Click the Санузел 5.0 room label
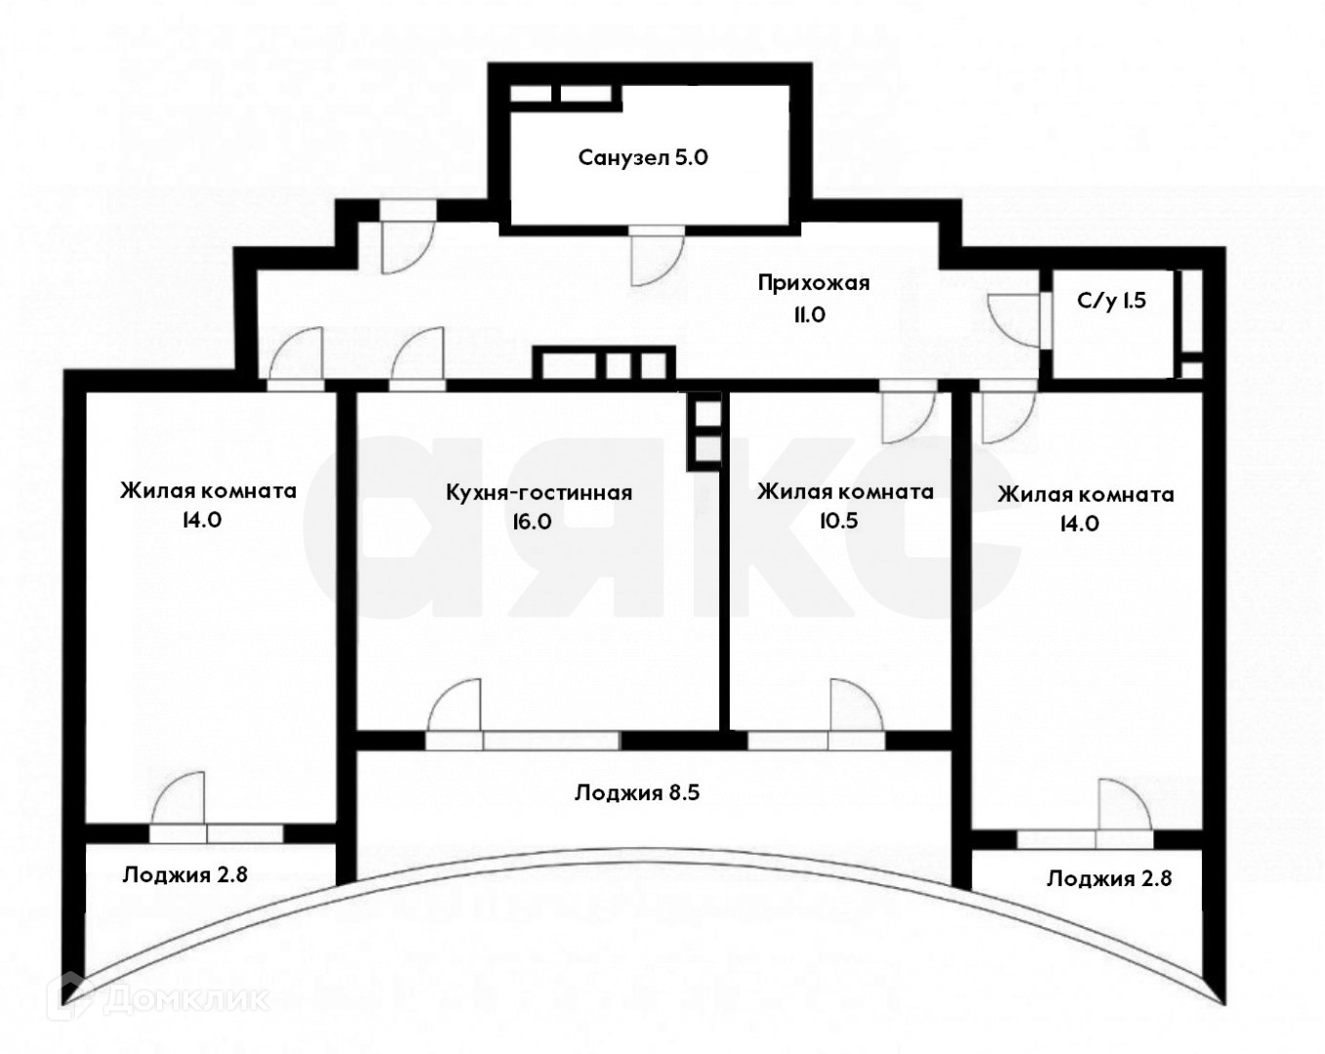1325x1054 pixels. (x=642, y=157)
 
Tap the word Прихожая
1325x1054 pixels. (x=813, y=283)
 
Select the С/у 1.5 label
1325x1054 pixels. (x=1111, y=301)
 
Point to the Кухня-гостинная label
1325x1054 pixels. (x=539, y=493)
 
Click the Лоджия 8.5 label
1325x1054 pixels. (x=636, y=792)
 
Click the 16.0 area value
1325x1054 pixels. (x=532, y=521)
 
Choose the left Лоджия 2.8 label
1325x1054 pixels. (x=184, y=874)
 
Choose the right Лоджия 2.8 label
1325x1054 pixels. (x=1108, y=878)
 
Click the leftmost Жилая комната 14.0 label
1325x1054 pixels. (x=208, y=491)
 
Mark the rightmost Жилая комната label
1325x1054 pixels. (x=1085, y=495)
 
